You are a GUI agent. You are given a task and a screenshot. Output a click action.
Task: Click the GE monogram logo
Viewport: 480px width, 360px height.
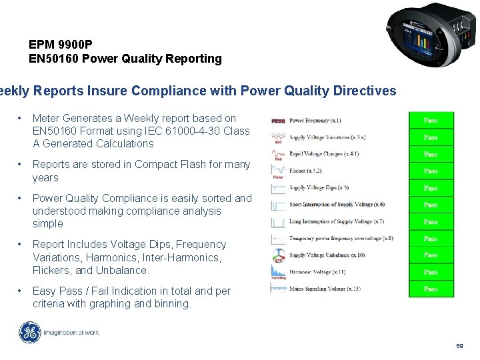coord(30,333)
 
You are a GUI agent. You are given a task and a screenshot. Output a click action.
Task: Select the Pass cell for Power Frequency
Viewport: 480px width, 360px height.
coord(431,121)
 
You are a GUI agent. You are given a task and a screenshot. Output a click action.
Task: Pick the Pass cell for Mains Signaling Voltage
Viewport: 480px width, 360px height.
coord(431,289)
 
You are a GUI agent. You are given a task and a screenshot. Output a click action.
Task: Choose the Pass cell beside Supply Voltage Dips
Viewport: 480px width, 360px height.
coord(431,188)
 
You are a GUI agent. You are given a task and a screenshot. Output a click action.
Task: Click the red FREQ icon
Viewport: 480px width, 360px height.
coord(278,121)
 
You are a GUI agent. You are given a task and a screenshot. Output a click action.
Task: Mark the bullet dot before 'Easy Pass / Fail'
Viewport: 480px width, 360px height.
coord(22,291)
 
